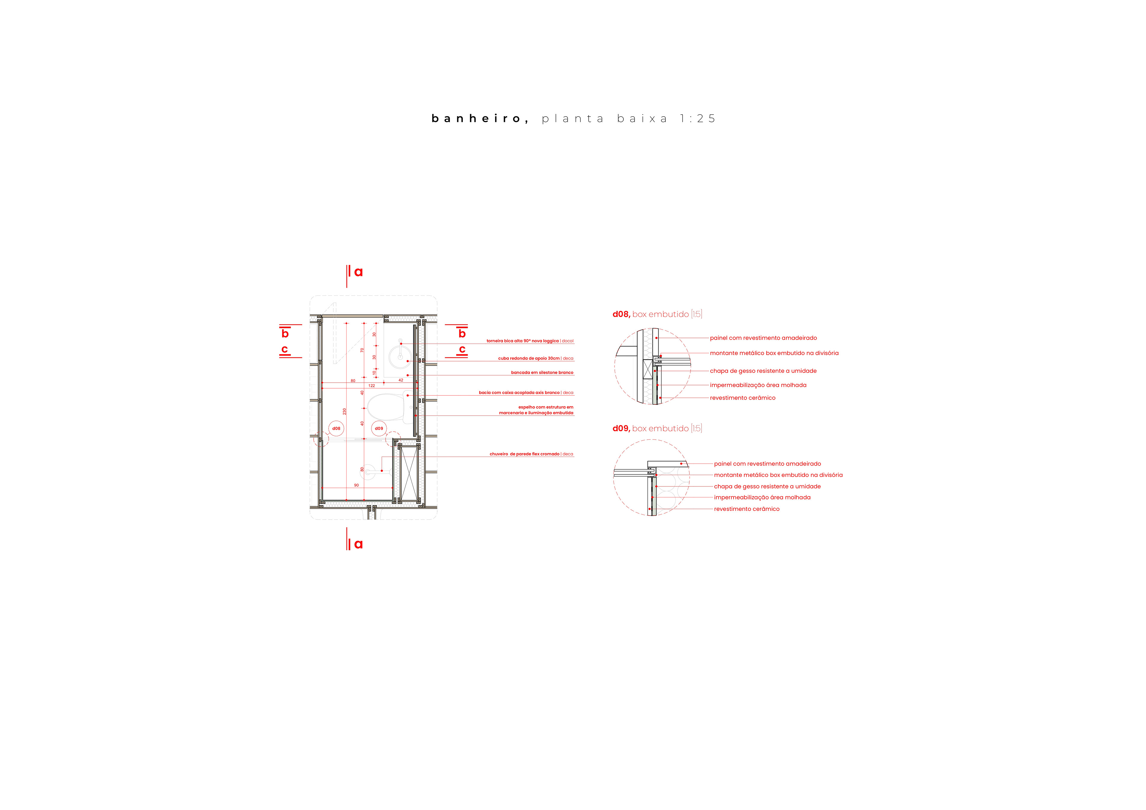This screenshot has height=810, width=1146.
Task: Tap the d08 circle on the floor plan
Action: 336,429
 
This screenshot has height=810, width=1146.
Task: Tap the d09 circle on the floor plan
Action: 379,429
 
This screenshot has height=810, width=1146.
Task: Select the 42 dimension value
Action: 401,380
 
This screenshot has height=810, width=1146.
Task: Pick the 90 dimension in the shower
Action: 356,485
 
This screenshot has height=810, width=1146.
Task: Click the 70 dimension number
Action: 362,350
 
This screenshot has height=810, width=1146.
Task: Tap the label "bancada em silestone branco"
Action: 542,372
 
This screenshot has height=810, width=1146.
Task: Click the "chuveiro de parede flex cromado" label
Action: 525,454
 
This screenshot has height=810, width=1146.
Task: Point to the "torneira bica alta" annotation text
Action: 523,341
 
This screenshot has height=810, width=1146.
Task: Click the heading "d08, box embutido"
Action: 657,314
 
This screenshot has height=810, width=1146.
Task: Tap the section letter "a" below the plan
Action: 358,544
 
